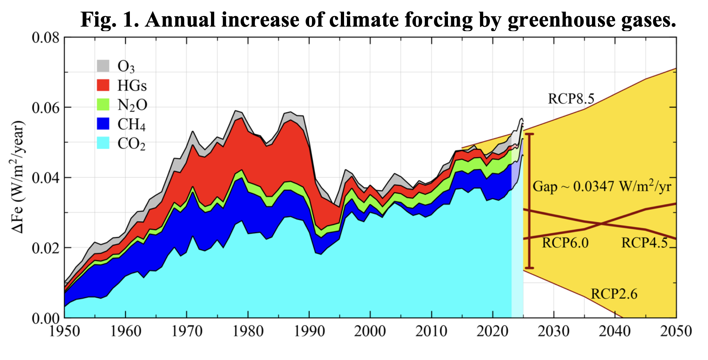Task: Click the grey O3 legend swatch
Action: [x=103, y=66]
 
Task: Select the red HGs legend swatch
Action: [x=103, y=85]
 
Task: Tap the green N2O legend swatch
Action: [x=103, y=104]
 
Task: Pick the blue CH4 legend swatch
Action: [x=103, y=124]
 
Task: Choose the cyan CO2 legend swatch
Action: [x=103, y=143]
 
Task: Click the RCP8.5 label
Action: [x=571, y=99]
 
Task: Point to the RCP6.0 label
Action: [x=565, y=243]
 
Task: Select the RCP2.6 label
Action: [x=614, y=294]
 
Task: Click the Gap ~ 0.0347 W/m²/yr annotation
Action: [x=602, y=186]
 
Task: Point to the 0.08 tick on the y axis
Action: [x=46, y=38]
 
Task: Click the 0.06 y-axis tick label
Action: [x=46, y=107]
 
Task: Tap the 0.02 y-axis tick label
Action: [x=46, y=248]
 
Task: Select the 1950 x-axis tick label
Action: [x=64, y=331]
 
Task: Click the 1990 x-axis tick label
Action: [x=309, y=331]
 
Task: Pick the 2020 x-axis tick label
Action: [x=493, y=331]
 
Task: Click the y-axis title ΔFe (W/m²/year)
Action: [x=18, y=176]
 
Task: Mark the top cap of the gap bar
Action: [x=529, y=134]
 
